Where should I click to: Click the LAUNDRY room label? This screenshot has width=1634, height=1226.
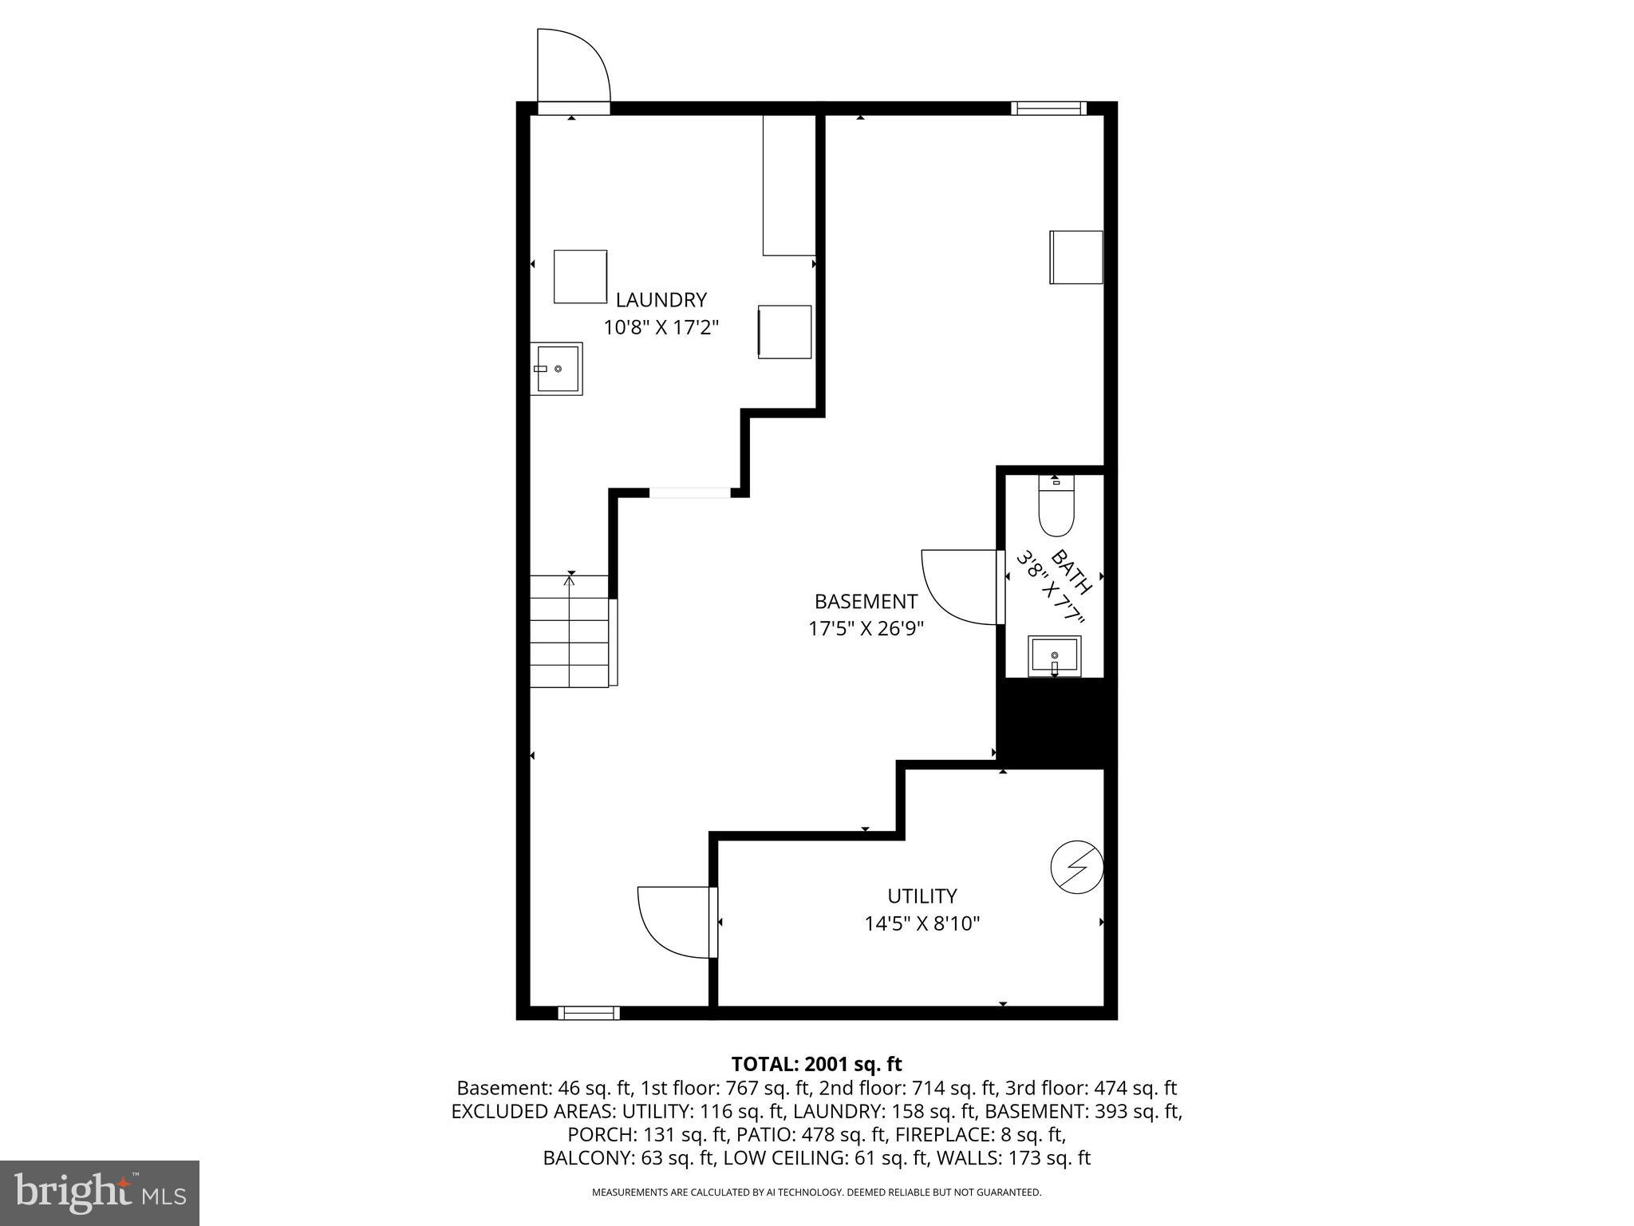(x=661, y=300)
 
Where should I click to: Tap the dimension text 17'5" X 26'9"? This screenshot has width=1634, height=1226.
(x=866, y=629)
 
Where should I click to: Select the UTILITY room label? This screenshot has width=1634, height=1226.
(x=922, y=896)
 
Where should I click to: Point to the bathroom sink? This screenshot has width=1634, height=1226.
(x=1054, y=656)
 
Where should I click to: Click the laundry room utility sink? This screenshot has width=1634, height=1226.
(x=557, y=368)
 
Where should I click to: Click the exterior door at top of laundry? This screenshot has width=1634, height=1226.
(x=573, y=68)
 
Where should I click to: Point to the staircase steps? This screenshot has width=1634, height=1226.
(x=569, y=631)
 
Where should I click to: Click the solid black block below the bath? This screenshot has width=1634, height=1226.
(x=1055, y=722)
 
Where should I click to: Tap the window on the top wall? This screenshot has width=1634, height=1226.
(x=1048, y=109)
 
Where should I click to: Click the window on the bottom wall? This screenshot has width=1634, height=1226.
(x=589, y=1013)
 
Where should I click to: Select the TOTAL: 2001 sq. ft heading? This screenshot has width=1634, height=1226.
(x=816, y=1064)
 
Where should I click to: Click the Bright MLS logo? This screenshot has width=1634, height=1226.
(x=99, y=1192)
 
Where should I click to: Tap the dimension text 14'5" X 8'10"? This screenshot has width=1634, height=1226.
(x=922, y=923)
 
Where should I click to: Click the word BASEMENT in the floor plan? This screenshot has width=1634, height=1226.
(x=866, y=601)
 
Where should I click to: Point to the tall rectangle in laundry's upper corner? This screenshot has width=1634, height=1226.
(x=788, y=185)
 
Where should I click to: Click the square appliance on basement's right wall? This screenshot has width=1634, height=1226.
(x=1076, y=257)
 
